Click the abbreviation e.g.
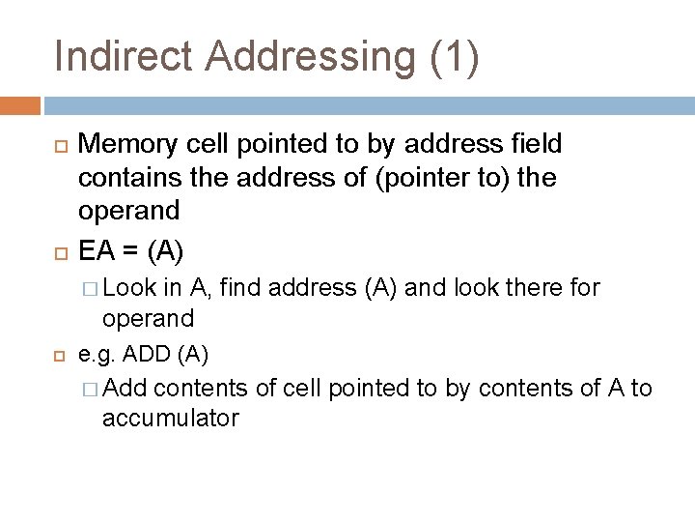click(x=97, y=355)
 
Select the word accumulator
click(x=170, y=419)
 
